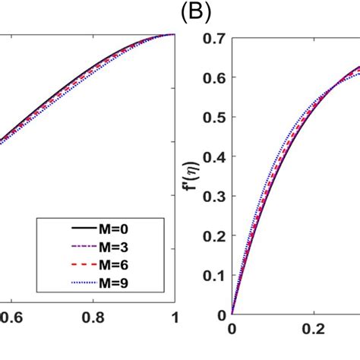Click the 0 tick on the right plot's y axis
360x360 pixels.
coord(221,314)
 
